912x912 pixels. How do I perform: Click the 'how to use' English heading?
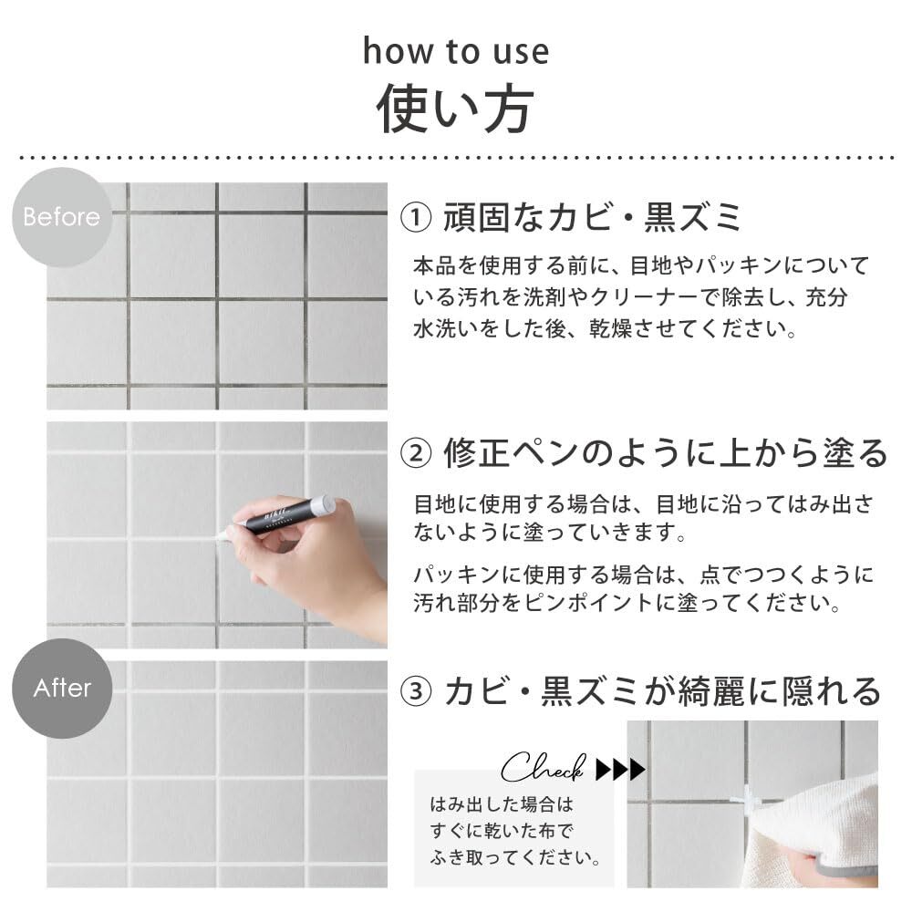pos(456,51)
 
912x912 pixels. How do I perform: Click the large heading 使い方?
pos(456,109)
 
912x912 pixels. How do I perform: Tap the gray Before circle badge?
pos(62,218)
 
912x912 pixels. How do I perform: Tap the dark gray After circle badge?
pos(62,689)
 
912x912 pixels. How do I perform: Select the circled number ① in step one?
pos(416,219)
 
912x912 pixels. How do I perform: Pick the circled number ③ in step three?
pos(416,692)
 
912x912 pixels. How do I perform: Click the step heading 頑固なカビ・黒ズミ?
pos(593,219)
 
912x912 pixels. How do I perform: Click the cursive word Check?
pos(542,768)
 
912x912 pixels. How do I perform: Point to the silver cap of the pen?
pos(323,504)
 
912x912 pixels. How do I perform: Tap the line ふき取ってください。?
pos(515,857)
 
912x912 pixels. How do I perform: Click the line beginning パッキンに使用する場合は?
pos(643,575)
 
